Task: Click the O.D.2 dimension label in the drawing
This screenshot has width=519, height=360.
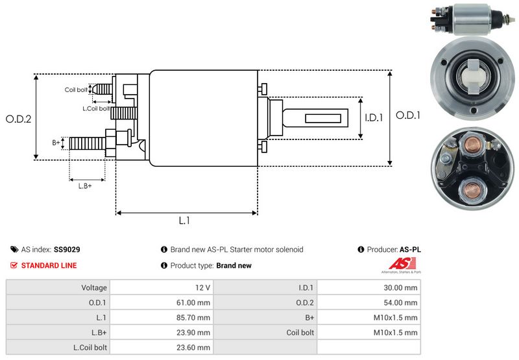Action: point(19,119)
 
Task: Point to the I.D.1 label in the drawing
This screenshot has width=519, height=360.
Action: point(374,117)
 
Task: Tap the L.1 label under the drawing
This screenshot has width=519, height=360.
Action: point(184,221)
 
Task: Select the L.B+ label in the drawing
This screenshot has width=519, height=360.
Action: point(85,186)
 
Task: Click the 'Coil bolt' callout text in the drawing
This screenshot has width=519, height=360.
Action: point(75,90)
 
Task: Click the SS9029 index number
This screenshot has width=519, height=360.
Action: point(67,249)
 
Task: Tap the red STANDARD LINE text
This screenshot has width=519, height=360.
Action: point(49,265)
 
